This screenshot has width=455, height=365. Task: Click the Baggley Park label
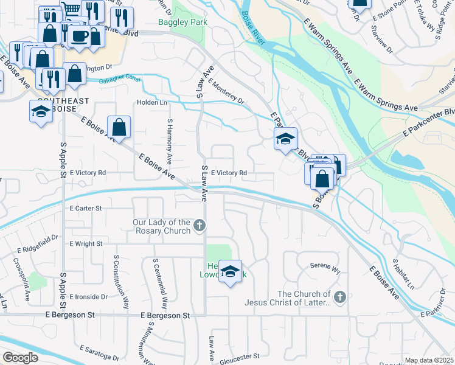(x=182, y=23)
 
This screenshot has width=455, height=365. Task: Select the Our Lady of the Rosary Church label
(x=162, y=227)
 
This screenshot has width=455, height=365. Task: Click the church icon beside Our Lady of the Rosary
(x=199, y=227)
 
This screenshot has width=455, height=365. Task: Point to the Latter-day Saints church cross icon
(x=339, y=297)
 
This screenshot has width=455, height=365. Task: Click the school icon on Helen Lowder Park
(x=231, y=271)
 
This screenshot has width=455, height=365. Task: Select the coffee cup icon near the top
(x=79, y=36)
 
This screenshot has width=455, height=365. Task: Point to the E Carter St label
(x=85, y=208)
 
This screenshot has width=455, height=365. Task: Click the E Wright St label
(x=86, y=244)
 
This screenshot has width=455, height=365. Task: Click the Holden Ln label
(x=152, y=103)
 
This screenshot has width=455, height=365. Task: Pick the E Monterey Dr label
(x=226, y=91)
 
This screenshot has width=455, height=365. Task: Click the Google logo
(x=20, y=358)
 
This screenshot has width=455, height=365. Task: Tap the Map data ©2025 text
(x=429, y=360)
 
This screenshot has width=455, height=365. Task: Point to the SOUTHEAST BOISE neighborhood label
(x=63, y=105)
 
